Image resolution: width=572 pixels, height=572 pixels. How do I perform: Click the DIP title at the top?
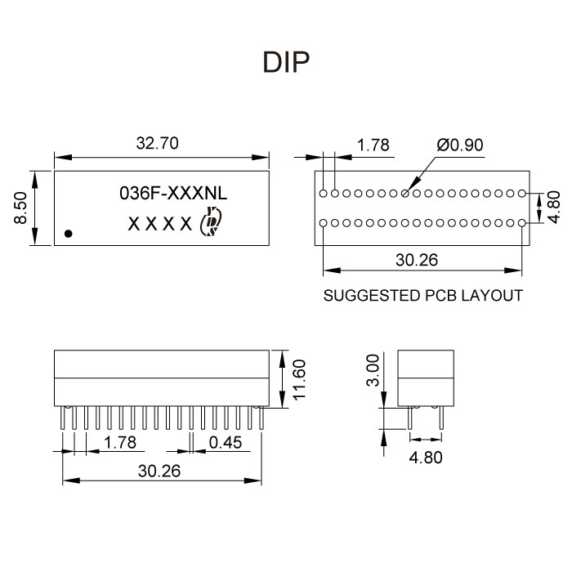pyautogui.click(x=286, y=63)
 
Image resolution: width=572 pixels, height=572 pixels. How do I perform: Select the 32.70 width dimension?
pyautogui.click(x=157, y=144)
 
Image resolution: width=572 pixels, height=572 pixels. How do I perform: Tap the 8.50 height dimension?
pyautogui.click(x=22, y=208)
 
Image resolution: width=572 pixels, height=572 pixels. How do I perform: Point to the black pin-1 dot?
pyautogui.click(x=69, y=233)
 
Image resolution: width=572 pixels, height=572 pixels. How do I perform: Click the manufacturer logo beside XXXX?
pyautogui.click(x=211, y=221)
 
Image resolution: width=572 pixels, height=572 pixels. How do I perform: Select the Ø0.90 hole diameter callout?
pyautogui.click(x=460, y=145)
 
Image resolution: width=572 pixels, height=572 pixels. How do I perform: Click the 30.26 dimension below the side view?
pyautogui.click(x=159, y=471)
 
